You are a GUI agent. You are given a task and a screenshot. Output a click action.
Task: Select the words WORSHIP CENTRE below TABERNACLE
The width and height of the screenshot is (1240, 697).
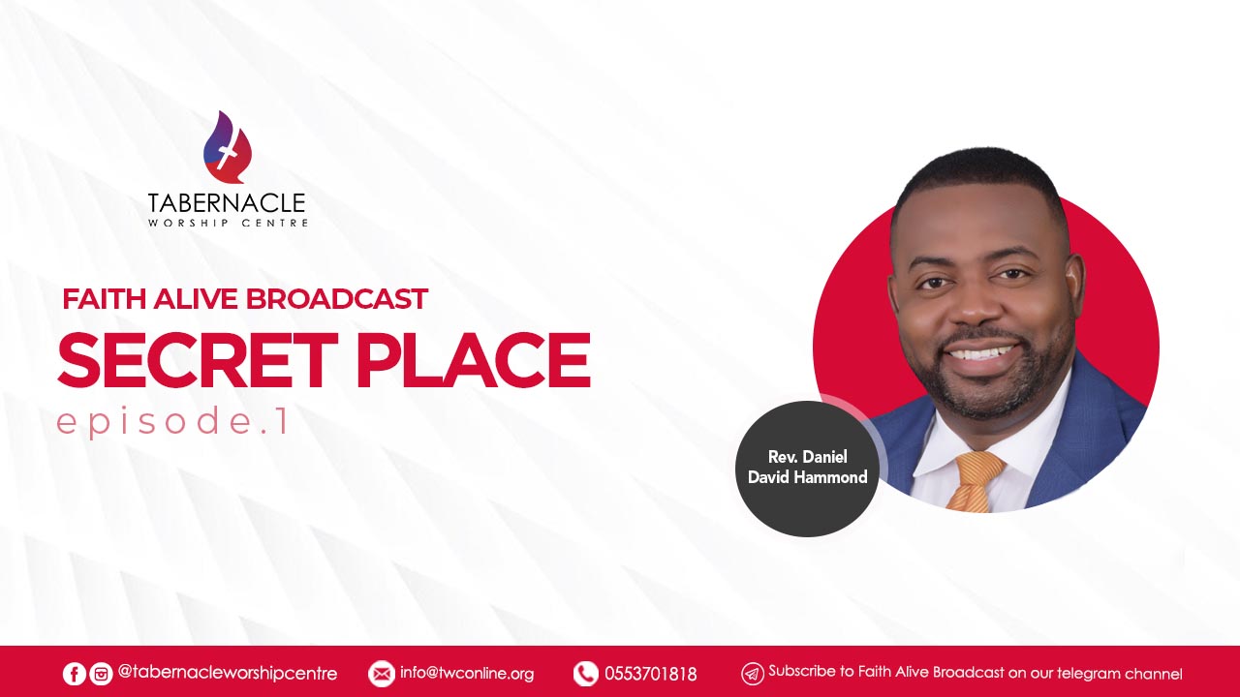[228, 223]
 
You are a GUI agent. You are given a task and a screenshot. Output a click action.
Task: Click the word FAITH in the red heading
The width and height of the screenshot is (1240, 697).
[104, 299]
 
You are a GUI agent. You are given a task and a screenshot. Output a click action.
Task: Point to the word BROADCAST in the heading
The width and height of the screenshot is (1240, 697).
[336, 299]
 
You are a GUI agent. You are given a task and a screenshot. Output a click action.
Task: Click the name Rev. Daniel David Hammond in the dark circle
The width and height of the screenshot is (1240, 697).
[808, 467]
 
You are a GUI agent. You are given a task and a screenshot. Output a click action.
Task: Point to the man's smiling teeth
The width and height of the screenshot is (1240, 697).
[985, 353]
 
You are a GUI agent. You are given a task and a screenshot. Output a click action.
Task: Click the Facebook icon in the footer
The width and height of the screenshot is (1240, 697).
[74, 674]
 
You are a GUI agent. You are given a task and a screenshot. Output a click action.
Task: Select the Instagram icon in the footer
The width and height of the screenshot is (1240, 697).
[101, 674]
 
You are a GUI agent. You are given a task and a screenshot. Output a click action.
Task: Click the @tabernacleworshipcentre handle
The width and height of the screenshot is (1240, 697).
[228, 673]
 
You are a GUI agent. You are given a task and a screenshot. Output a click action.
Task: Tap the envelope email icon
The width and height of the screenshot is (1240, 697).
[381, 674]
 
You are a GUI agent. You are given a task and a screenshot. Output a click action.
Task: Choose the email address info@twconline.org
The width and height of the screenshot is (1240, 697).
[467, 674]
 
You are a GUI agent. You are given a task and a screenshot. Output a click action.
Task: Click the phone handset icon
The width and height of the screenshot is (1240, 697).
[586, 674]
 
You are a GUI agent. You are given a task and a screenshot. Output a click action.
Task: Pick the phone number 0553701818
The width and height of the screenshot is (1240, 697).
[650, 674]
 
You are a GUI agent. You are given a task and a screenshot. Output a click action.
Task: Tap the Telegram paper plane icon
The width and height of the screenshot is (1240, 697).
[753, 674]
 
